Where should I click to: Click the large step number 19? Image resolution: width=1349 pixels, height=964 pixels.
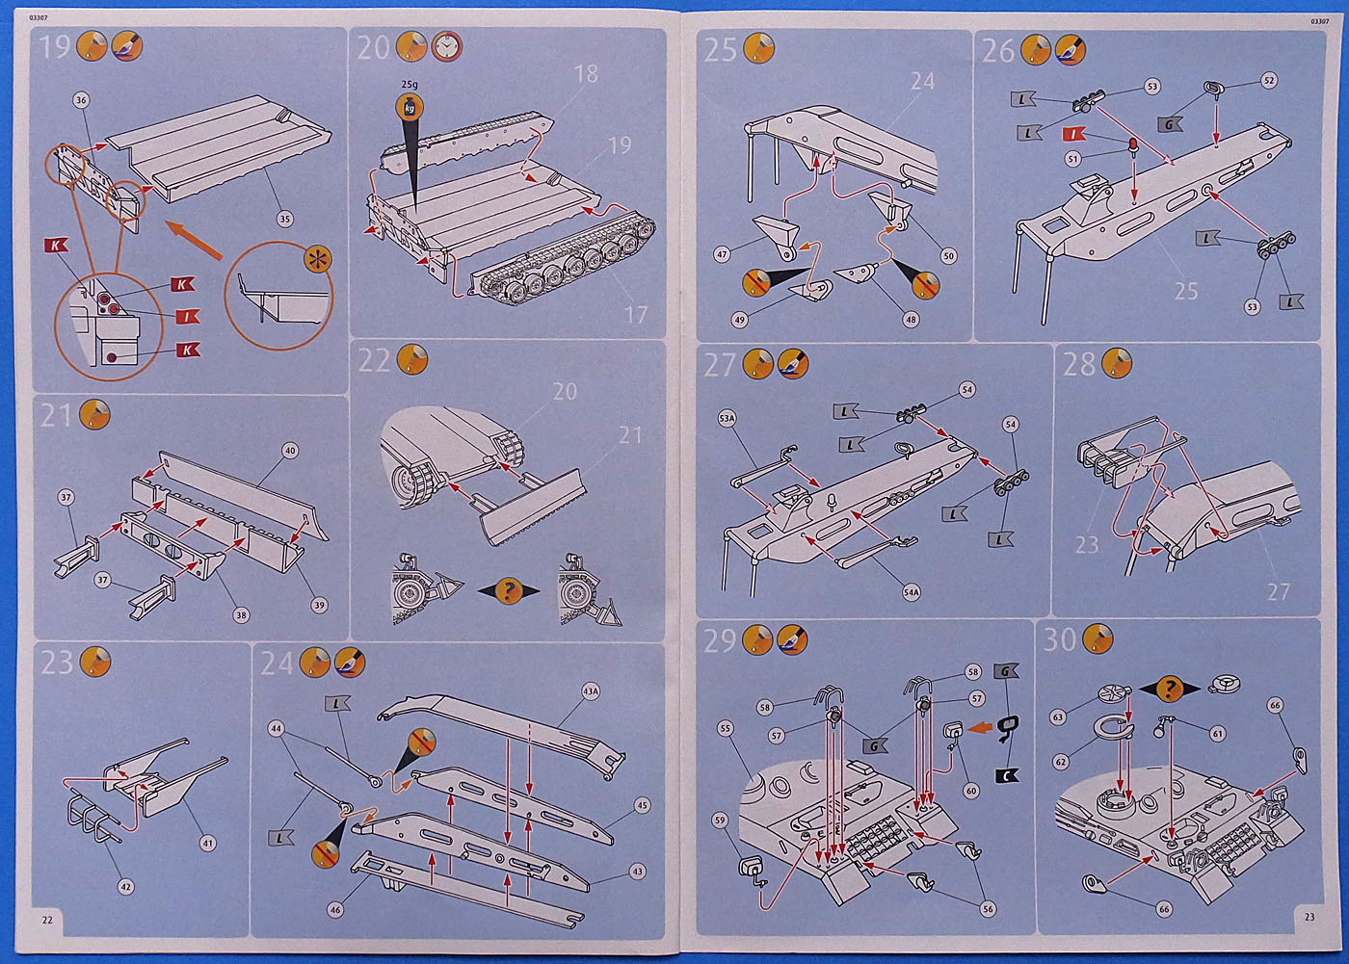click(x=55, y=46)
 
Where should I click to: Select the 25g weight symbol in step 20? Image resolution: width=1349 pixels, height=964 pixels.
click(x=410, y=107)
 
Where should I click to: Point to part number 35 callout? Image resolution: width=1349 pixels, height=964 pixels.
click(x=284, y=219)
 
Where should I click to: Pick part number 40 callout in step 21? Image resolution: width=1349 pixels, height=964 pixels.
click(x=289, y=450)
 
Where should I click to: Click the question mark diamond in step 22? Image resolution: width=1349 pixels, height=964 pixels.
click(x=509, y=590)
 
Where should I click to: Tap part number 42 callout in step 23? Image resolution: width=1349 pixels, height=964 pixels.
click(x=125, y=887)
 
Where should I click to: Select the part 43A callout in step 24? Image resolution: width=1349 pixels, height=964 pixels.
click(x=591, y=690)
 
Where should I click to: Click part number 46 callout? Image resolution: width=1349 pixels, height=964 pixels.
click(x=334, y=909)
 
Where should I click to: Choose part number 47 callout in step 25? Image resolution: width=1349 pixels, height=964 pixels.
click(x=722, y=255)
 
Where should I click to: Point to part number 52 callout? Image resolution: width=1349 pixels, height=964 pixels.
click(x=1269, y=81)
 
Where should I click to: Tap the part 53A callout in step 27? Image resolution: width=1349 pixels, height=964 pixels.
click(x=727, y=419)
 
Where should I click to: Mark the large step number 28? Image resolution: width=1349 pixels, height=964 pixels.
click(x=1079, y=364)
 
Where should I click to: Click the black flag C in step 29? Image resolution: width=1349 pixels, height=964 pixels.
click(x=1007, y=775)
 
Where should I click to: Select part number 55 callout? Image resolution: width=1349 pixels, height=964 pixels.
click(x=725, y=729)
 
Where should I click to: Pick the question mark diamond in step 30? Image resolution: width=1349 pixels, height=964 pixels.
click(x=1169, y=689)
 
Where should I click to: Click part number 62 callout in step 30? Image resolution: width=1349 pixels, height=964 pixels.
click(x=1061, y=762)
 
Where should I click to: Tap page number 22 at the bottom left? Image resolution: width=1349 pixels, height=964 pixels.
click(x=47, y=920)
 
